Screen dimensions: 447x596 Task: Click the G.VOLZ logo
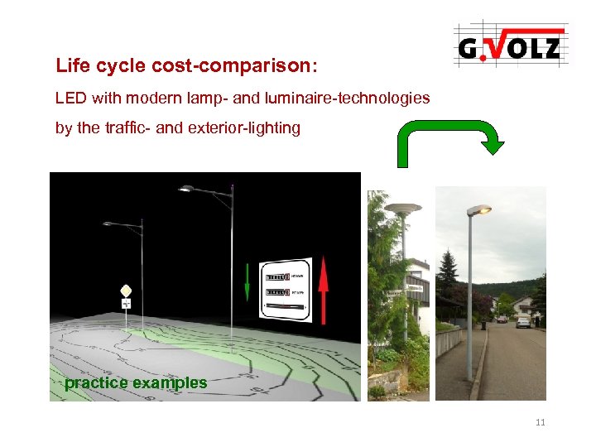tap(509, 46)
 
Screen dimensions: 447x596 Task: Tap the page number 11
tap(541, 423)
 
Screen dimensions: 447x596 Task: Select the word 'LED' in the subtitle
tap(70, 99)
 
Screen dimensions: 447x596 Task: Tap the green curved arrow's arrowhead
tap(493, 146)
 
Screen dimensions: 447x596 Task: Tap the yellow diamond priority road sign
tap(126, 291)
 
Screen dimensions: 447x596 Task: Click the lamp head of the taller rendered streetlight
tap(188, 190)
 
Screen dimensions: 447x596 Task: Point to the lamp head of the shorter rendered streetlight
tap(109, 223)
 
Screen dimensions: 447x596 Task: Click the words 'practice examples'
tap(136, 383)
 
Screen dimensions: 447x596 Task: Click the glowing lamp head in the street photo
tap(478, 210)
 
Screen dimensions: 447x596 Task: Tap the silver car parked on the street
tap(522, 321)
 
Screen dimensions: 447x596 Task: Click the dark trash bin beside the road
tap(483, 325)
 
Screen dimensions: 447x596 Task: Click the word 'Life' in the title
tap(72, 65)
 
